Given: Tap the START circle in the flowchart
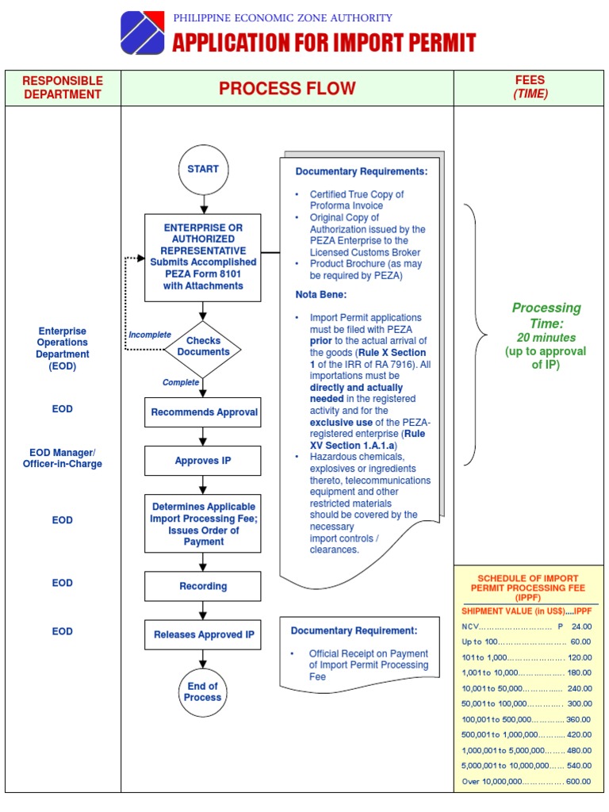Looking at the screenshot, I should pyautogui.click(x=203, y=169).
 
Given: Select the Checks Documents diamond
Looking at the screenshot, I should pyautogui.click(x=203, y=347).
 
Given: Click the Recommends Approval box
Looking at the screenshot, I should pyautogui.click(x=203, y=412).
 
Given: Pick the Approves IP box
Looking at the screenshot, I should pyautogui.click(x=203, y=461).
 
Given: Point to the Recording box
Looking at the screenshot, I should pyautogui.click(x=203, y=587).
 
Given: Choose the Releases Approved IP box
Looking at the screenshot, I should pyautogui.click(x=203, y=635).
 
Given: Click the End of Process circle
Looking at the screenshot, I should pyautogui.click(x=203, y=692).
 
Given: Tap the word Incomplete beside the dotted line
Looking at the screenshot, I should pyautogui.click(x=150, y=335).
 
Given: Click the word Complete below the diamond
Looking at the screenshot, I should pyautogui.click(x=181, y=382).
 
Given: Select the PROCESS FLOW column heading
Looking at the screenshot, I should pyautogui.click(x=287, y=88).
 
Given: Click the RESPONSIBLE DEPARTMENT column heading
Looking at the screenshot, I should pyautogui.click(x=63, y=88).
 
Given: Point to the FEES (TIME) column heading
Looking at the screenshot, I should pyautogui.click(x=530, y=87).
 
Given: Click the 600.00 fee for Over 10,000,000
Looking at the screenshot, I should pyautogui.click(x=578, y=781).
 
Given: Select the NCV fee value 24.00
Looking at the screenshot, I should pyautogui.click(x=581, y=626).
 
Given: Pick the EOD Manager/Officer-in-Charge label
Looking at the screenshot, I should pyautogui.click(x=63, y=458).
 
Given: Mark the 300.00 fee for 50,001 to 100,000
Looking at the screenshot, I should pyautogui.click(x=579, y=704).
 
